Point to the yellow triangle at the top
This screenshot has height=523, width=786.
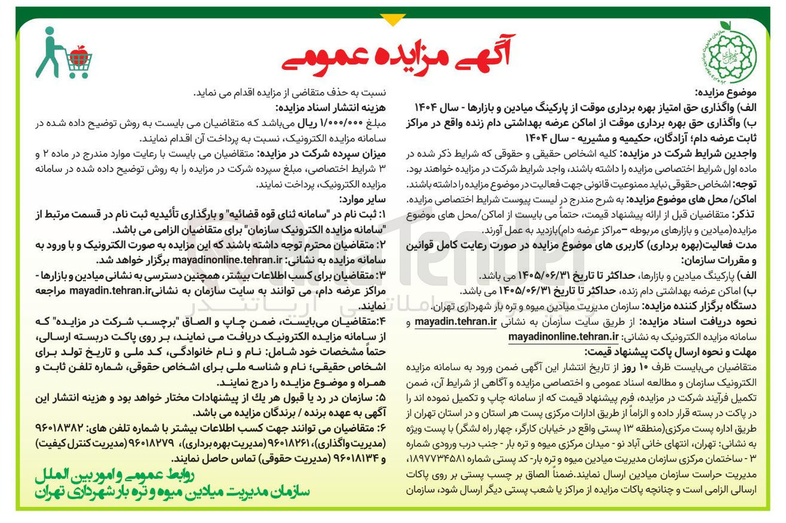click(392, 20)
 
